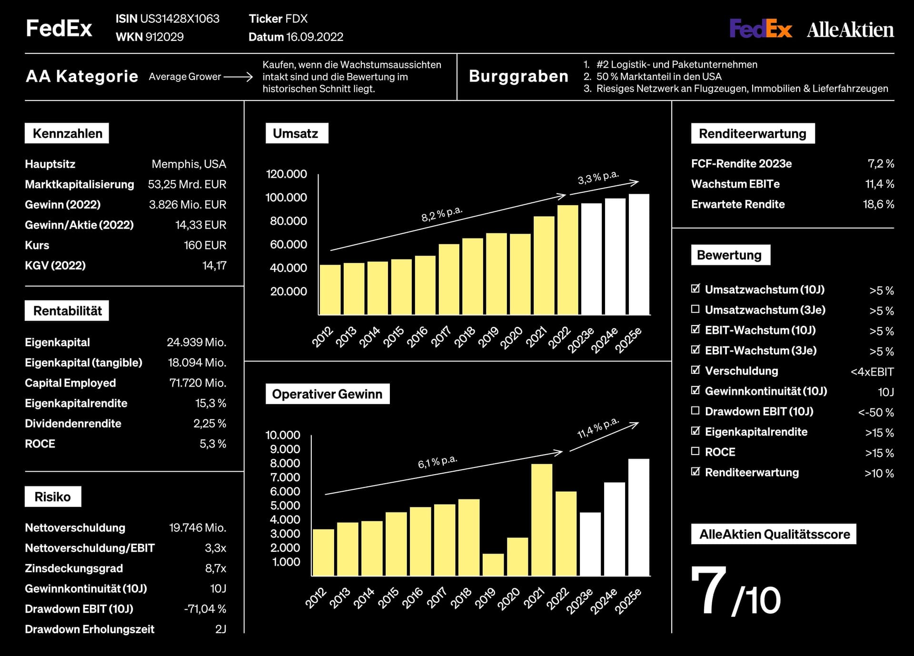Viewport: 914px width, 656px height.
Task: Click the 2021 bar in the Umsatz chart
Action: [x=544, y=265]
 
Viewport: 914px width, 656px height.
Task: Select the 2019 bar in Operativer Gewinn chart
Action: [x=493, y=565]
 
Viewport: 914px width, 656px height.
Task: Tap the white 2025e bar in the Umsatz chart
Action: [x=639, y=254]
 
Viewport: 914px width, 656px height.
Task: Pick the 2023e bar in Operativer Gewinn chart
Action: [x=590, y=544]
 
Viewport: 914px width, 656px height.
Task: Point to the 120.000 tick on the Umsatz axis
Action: [x=286, y=174]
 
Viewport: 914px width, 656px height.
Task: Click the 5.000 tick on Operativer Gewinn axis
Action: [x=285, y=506]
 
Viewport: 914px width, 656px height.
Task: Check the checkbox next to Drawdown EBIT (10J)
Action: [x=695, y=410]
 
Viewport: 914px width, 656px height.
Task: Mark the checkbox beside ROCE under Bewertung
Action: [x=695, y=451]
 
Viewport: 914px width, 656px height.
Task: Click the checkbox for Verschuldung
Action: [x=695, y=369]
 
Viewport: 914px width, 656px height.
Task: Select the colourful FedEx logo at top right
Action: [x=761, y=29]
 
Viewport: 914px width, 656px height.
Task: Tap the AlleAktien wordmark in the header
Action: [x=850, y=30]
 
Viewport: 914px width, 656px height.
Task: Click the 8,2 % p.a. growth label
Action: [x=442, y=214]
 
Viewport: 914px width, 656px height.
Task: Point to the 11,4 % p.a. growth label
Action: [x=598, y=428]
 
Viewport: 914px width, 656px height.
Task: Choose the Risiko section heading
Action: [x=52, y=497]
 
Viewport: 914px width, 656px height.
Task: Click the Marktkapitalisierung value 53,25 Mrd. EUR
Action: [x=187, y=184]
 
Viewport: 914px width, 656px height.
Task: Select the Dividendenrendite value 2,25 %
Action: [x=209, y=424]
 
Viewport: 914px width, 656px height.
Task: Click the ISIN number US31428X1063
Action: [x=179, y=19]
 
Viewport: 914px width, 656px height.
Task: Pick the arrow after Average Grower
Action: [x=238, y=77]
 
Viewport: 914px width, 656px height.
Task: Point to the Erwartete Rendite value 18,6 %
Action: [x=878, y=204]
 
